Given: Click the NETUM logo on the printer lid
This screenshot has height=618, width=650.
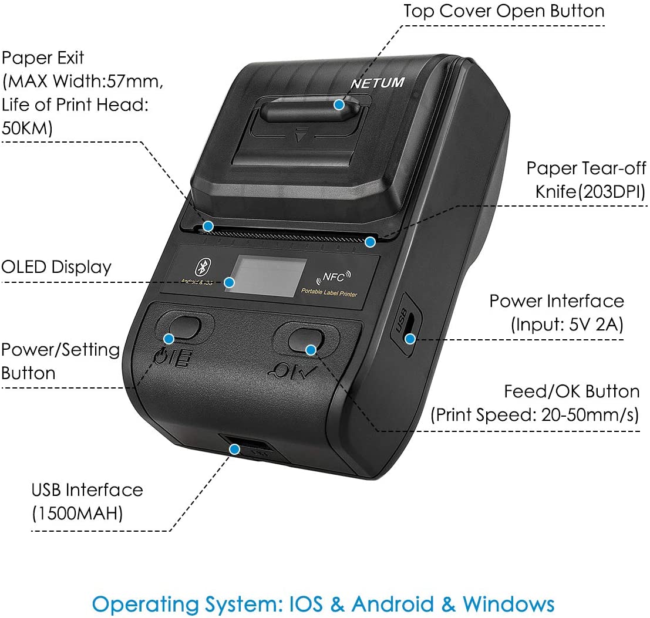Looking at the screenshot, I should click(x=377, y=83).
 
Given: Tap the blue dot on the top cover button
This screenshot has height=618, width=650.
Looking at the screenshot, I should click(x=339, y=104).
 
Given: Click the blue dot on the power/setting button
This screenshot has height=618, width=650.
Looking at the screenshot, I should click(x=169, y=339).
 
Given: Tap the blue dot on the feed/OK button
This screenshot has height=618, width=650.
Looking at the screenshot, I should click(x=311, y=350).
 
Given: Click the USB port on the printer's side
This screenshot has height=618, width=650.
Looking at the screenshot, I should click(x=410, y=322).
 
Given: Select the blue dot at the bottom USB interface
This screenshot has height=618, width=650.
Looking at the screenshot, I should click(x=235, y=450).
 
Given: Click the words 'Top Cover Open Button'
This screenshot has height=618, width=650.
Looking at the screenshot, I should click(x=504, y=11).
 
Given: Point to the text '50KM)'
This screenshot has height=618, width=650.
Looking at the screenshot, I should click(x=27, y=129).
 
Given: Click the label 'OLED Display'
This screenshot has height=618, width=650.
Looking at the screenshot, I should click(x=56, y=267).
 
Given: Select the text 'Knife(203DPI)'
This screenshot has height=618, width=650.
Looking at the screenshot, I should click(x=590, y=192).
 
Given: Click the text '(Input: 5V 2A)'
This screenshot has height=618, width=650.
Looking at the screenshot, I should click(x=567, y=325).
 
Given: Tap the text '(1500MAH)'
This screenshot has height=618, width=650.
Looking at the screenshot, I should click(x=77, y=513).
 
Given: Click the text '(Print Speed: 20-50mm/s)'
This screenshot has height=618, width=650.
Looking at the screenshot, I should click(x=535, y=415).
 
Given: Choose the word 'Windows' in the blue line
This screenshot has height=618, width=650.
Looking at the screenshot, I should click(x=508, y=604).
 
